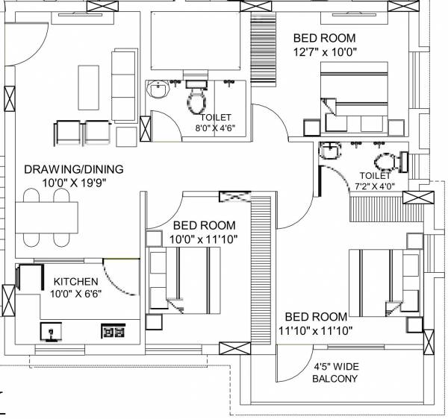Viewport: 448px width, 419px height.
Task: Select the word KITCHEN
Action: [x=75, y=281]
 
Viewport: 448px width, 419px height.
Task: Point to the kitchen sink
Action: [x=51, y=330]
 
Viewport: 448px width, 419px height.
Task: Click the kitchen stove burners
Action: [x=112, y=330]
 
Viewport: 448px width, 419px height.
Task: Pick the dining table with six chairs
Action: [x=46, y=217]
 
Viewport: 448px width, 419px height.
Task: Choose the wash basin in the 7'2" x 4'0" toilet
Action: [x=329, y=154]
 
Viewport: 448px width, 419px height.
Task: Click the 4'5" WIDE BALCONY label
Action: [x=335, y=372]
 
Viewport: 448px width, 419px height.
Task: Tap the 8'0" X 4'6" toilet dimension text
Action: [x=215, y=127]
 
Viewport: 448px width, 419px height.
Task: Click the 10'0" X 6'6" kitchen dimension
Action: [x=75, y=294]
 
